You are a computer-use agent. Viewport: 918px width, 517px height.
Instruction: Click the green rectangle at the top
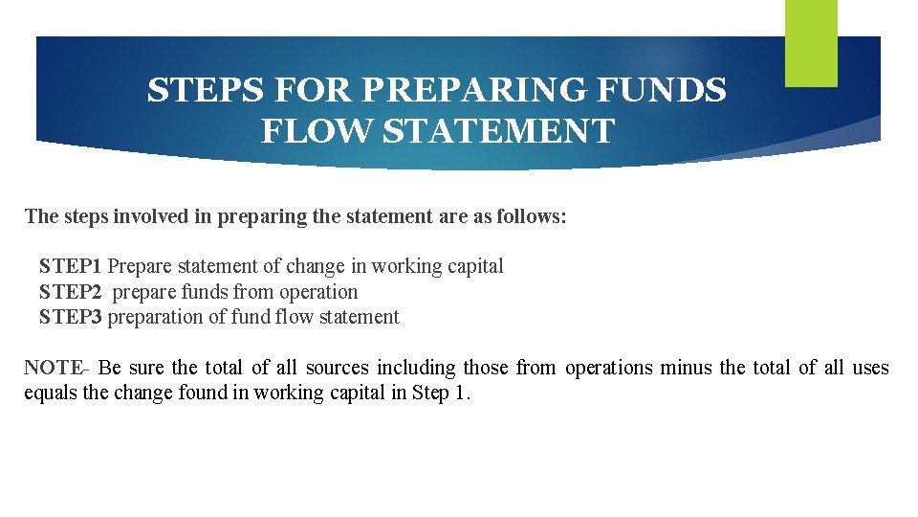point(811,42)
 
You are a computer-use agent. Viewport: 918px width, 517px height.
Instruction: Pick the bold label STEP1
point(71,267)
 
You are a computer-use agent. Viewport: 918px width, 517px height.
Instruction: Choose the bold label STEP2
point(71,292)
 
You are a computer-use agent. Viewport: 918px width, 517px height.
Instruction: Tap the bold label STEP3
point(71,317)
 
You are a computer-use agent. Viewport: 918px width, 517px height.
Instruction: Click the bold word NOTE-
point(56,369)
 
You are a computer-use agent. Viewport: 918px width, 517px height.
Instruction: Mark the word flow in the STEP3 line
point(294,317)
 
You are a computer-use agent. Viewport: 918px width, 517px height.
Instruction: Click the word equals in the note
point(52,393)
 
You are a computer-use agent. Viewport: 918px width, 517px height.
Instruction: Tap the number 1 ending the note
point(465,393)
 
